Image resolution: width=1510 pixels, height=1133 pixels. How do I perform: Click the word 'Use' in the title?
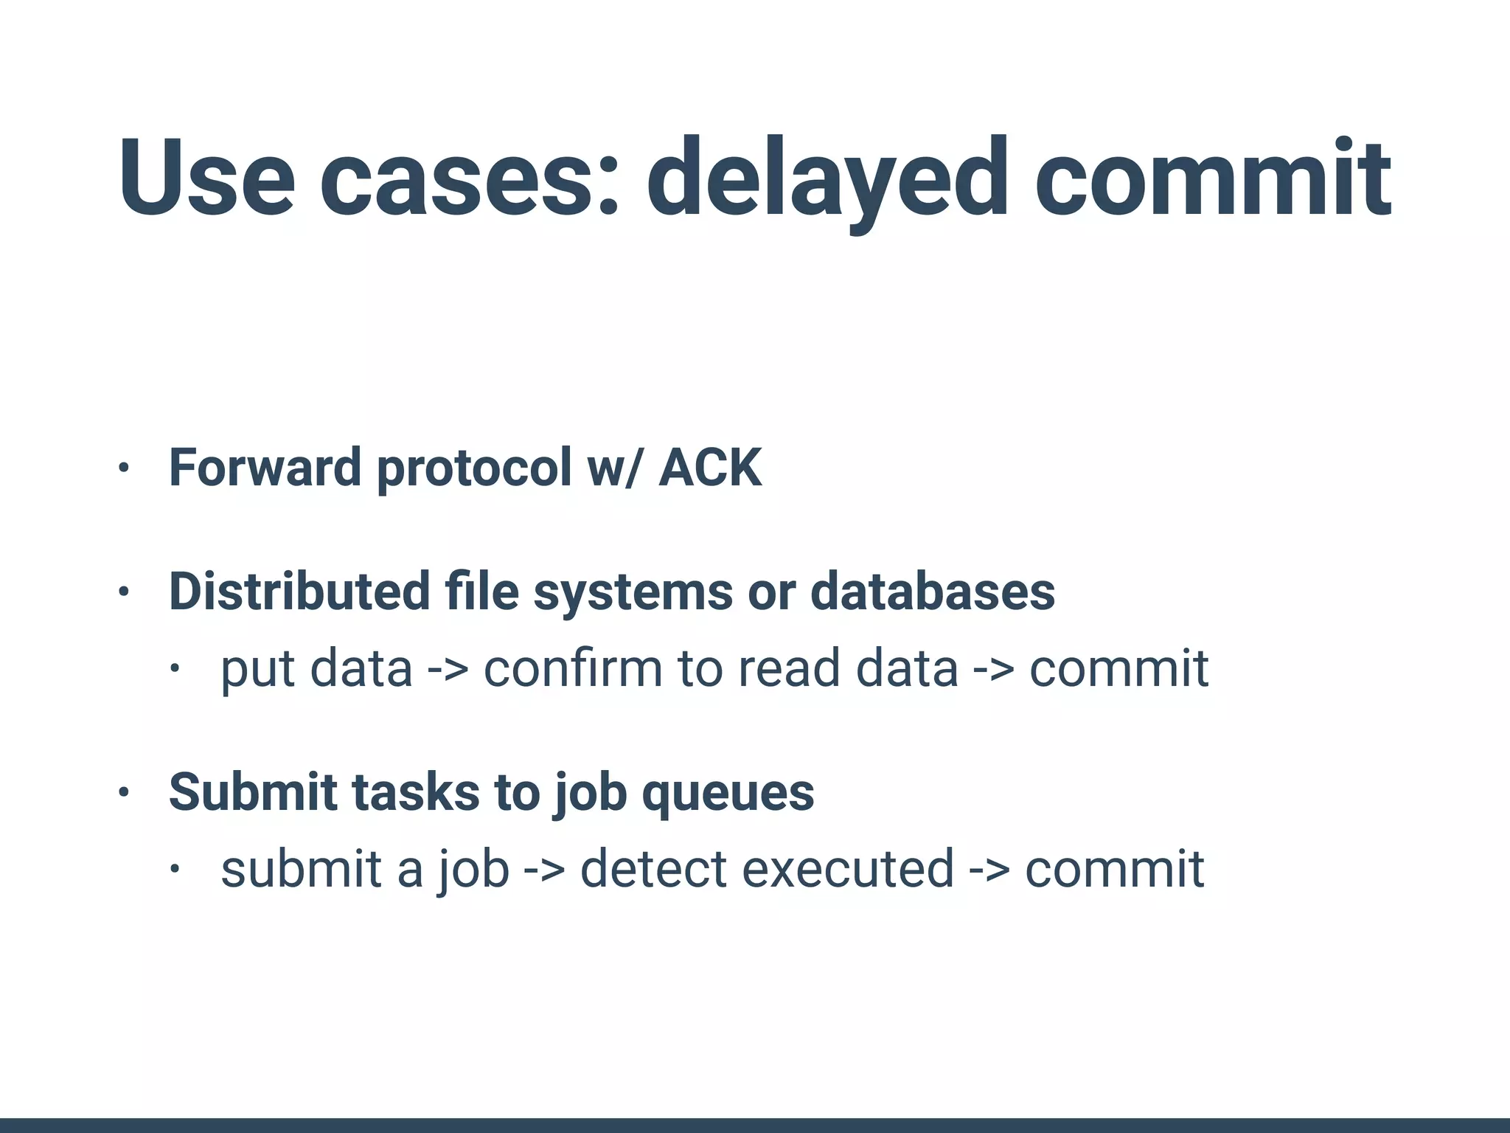pyautogui.click(x=207, y=179)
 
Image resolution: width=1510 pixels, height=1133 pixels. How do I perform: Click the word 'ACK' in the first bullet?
pyautogui.click(x=710, y=468)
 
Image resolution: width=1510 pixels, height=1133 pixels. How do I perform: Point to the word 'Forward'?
pyautogui.click(x=264, y=468)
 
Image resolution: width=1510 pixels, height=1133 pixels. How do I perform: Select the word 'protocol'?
pyautogui.click(x=474, y=468)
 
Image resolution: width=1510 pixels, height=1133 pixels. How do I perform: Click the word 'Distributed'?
pyautogui.click(x=299, y=592)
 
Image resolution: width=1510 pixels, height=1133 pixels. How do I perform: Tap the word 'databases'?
pyautogui.click(x=933, y=592)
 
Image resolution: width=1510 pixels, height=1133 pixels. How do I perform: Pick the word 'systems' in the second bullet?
pyautogui.click(x=633, y=592)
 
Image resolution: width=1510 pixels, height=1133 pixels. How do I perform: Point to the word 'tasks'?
pyautogui.click(x=416, y=792)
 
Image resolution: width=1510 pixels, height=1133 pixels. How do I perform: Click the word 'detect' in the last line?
pyautogui.click(x=653, y=869)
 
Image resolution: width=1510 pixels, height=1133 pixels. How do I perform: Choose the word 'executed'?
pyautogui.click(x=847, y=869)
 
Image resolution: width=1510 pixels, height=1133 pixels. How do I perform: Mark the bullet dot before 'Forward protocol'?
pyautogui.click(x=124, y=468)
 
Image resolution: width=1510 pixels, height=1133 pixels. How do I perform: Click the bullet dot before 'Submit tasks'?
pyautogui.click(x=124, y=793)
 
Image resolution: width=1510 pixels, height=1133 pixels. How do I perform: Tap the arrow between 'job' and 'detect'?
pyautogui.click(x=544, y=869)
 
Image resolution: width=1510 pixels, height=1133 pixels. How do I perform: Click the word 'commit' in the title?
pyautogui.click(x=1213, y=179)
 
